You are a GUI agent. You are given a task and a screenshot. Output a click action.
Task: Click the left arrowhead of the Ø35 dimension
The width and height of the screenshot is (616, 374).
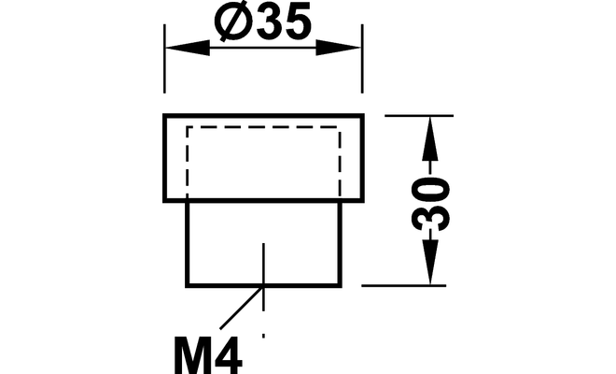[x=188, y=48]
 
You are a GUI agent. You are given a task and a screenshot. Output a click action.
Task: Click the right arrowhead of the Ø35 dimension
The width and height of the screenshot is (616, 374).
[x=339, y=48]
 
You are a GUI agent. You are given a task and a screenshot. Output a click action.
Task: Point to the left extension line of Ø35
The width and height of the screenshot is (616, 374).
[x=164, y=59]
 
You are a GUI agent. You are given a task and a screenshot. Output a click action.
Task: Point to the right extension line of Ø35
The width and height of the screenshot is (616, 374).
[x=362, y=59]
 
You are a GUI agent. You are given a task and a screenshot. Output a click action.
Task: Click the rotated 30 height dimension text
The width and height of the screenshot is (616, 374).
[x=430, y=204]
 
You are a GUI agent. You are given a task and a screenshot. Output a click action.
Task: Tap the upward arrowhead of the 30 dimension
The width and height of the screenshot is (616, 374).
[x=430, y=138]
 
